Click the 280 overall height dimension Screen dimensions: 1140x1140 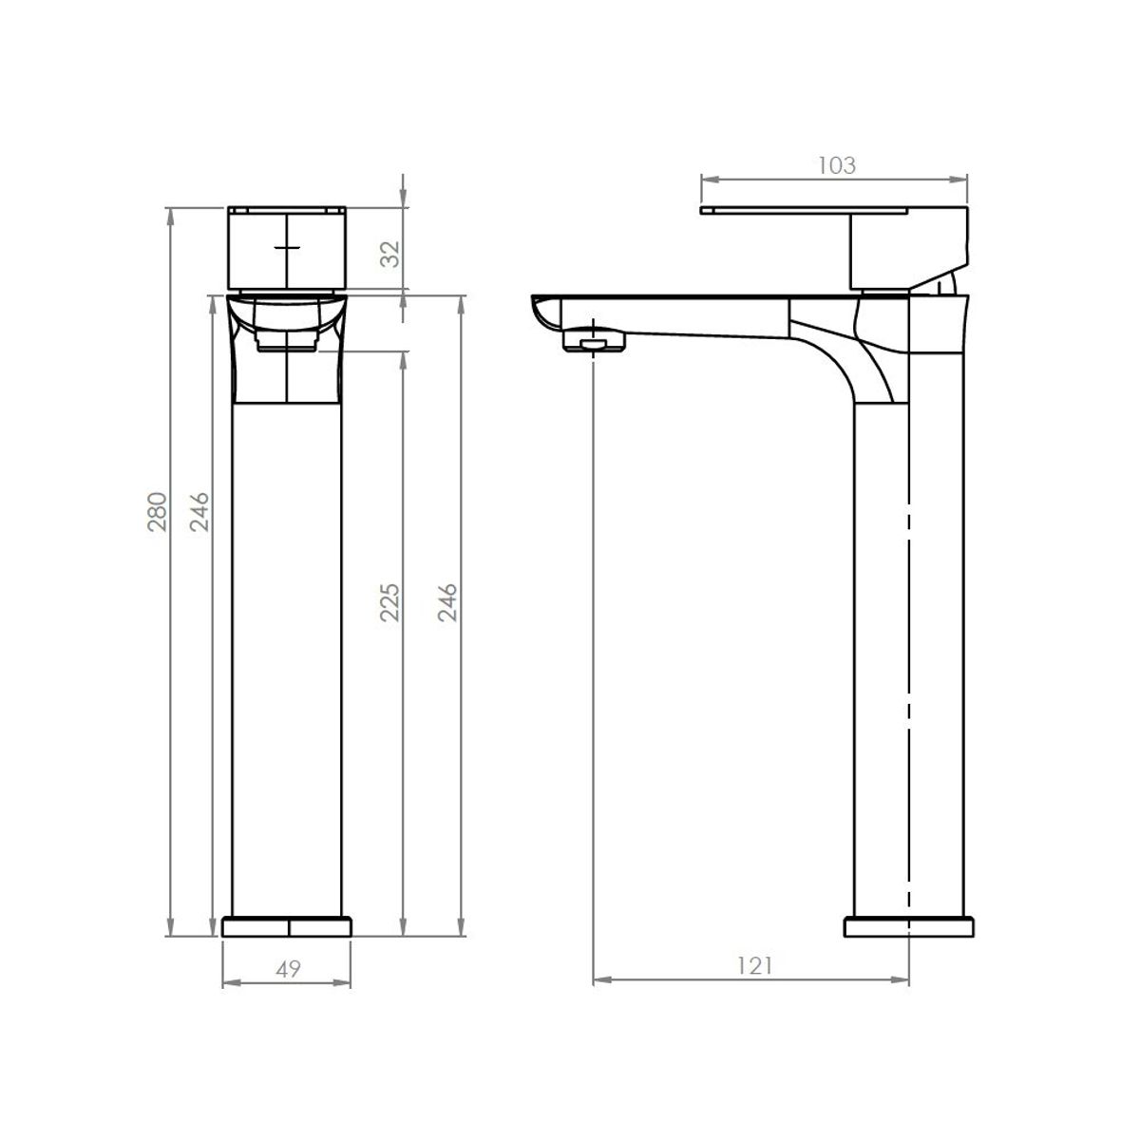coord(158,512)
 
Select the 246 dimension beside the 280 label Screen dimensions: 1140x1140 coord(199,512)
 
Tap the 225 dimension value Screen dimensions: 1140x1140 coord(390,603)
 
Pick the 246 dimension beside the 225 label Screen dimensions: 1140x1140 coord(447,603)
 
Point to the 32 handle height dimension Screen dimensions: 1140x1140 coord(390,254)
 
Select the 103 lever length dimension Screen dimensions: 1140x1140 coord(837,165)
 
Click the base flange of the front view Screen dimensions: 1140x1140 coord(287,927)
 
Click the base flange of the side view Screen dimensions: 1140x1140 coord(909,927)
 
